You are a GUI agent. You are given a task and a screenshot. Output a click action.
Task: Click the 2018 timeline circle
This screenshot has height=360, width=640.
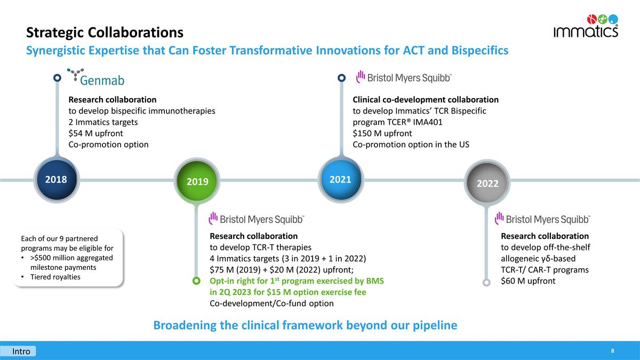(x=56, y=179)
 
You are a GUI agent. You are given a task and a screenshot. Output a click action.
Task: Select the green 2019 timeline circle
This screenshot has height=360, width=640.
(x=197, y=181)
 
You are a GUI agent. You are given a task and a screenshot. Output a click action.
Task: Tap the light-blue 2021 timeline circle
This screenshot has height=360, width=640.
(x=340, y=179)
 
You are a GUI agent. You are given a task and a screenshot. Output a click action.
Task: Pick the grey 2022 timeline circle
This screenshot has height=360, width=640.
(x=487, y=183)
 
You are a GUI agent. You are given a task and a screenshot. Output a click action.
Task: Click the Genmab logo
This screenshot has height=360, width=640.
(x=96, y=78)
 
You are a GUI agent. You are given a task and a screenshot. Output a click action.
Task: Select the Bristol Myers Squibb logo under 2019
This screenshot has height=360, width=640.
(x=257, y=219)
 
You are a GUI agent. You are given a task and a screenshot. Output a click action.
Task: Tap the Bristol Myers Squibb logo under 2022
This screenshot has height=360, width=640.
(x=542, y=219)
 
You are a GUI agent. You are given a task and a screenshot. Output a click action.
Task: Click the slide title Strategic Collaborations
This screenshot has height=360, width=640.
(x=105, y=33)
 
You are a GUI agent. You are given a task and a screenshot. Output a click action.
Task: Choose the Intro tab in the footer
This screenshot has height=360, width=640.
(x=21, y=351)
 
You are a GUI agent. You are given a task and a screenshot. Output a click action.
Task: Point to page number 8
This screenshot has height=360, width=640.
(x=613, y=351)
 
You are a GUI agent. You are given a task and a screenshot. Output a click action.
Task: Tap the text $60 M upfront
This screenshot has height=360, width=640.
(x=528, y=281)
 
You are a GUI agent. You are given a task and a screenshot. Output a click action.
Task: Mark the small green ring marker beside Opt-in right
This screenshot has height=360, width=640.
(x=196, y=281)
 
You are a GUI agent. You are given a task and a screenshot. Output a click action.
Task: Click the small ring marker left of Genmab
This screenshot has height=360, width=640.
(x=57, y=78)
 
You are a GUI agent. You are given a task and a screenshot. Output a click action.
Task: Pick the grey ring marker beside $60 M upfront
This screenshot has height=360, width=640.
(x=486, y=283)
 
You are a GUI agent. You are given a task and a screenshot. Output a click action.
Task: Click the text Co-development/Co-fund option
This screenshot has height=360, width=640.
(x=271, y=303)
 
